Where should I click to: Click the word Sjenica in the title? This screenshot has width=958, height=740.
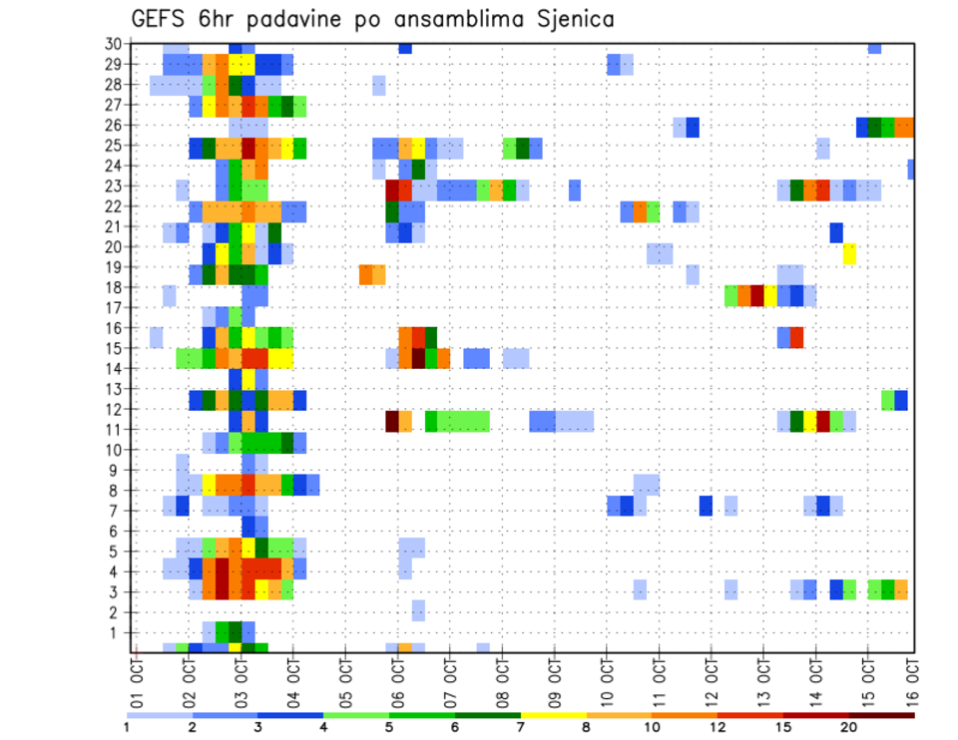(568, 19)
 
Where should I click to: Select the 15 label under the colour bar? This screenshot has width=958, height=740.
(783, 728)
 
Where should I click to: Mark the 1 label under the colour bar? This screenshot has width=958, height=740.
(127, 728)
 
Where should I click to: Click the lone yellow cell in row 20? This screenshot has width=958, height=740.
(849, 253)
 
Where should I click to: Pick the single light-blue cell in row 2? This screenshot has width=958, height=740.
(418, 609)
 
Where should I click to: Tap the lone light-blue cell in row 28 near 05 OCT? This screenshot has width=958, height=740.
(379, 85)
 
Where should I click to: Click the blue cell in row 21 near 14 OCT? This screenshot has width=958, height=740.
(836, 232)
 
